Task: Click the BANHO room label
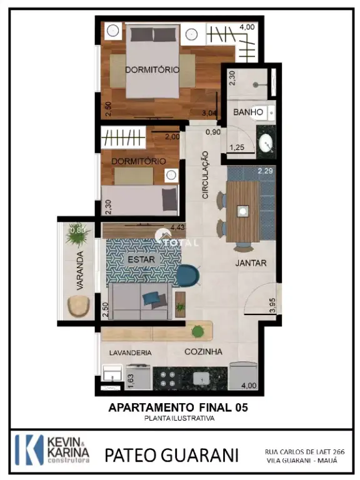point(248,112)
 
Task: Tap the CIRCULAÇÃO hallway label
point(205,175)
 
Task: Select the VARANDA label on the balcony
point(79,271)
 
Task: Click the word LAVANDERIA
point(131,353)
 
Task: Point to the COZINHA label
point(203,352)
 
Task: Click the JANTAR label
point(251,263)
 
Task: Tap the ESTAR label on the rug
point(141,259)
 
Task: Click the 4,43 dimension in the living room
point(177,227)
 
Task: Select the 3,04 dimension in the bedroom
point(209,113)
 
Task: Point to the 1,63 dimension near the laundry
point(131,381)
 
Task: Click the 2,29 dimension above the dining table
point(265,171)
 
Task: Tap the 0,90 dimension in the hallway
point(213,132)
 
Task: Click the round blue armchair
point(188,276)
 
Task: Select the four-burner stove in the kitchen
point(168,379)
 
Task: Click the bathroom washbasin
point(266,143)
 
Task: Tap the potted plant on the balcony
point(77,235)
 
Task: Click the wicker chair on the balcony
point(79,306)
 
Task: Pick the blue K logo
point(29,450)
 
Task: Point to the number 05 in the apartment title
point(241,407)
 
